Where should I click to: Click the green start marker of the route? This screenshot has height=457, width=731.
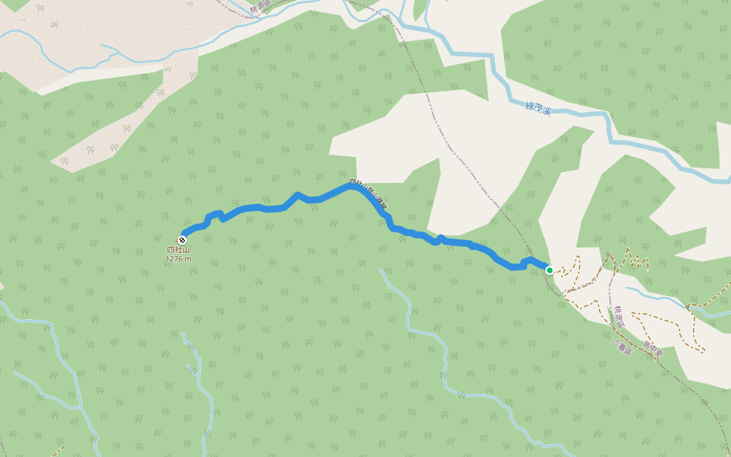click(549, 270)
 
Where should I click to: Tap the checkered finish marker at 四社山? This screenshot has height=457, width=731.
click(181, 240)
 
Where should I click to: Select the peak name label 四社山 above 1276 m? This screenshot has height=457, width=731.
click(178, 250)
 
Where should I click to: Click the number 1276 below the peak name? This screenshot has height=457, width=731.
click(174, 259)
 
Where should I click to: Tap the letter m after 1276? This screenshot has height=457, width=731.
click(188, 259)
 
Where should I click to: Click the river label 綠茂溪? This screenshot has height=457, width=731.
click(538, 107)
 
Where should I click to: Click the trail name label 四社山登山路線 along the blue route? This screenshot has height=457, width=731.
click(369, 194)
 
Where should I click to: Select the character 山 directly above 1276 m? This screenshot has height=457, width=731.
click(187, 250)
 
